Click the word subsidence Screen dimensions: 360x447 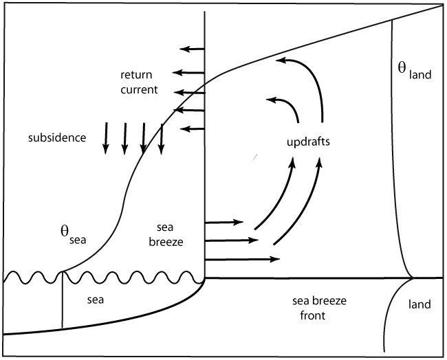click(57, 137)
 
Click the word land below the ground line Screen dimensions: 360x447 click(420, 304)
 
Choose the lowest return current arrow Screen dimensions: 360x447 click(193, 127)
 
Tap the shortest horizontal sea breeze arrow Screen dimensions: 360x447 click(224, 222)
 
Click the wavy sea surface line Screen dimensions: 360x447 click(103, 278)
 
